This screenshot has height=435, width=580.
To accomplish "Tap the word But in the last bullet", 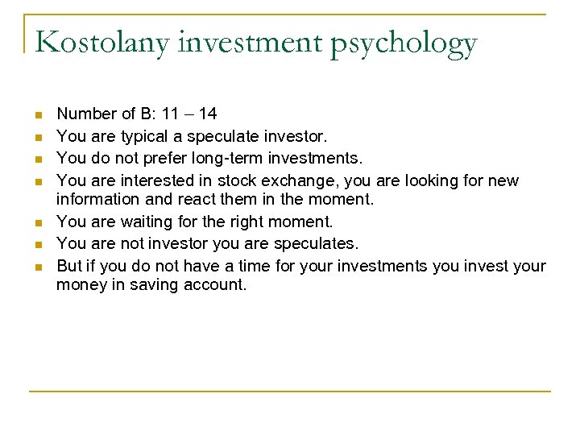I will point(69,266).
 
